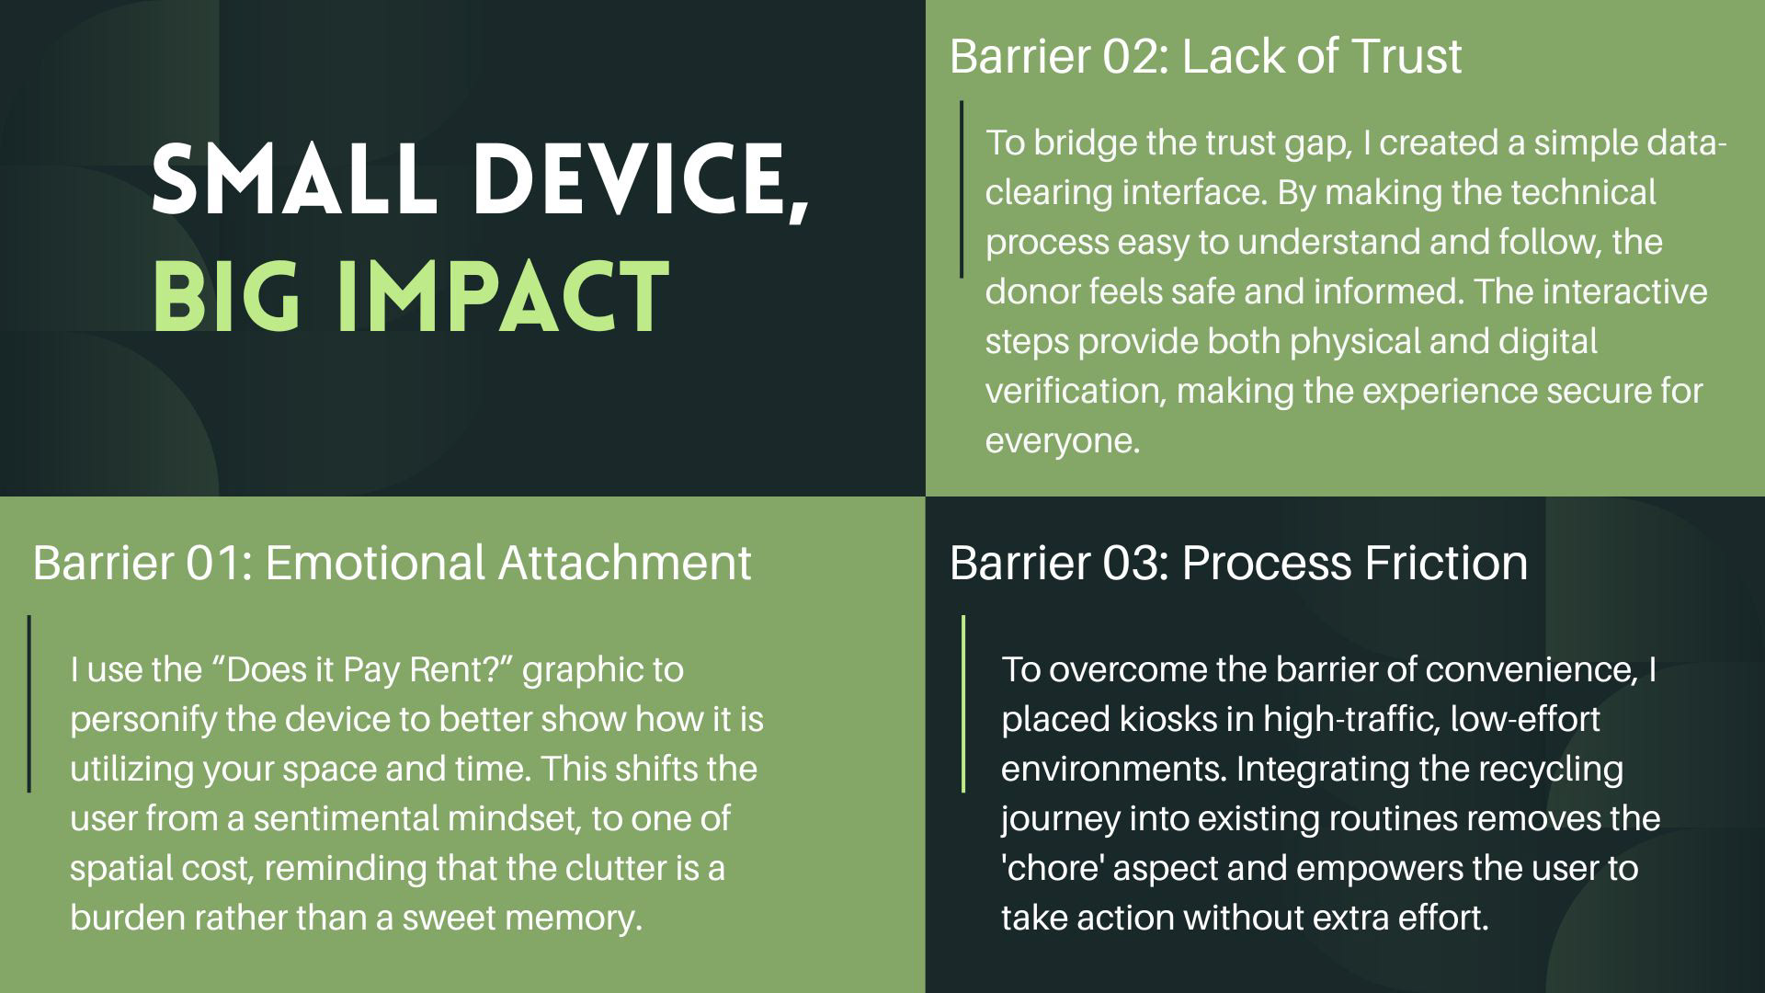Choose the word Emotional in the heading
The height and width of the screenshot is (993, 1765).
[375, 563]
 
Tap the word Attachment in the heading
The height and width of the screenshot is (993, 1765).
[624, 563]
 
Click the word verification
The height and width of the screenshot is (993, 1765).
[1076, 392]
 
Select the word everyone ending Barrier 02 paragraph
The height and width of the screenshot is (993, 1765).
[1063, 441]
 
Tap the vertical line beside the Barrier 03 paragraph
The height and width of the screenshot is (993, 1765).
[963, 703]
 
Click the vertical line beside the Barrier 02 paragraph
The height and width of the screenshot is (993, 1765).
[962, 188]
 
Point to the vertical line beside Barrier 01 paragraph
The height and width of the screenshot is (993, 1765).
[29, 703]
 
